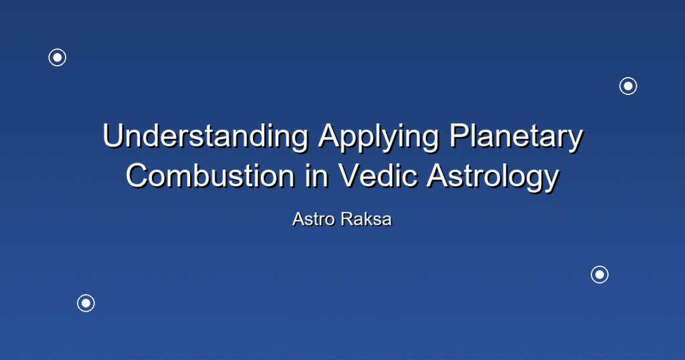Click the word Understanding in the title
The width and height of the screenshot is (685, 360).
point(205,136)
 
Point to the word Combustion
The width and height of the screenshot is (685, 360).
point(209,175)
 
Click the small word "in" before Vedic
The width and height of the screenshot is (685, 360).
point(316,175)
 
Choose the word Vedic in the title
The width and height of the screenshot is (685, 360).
point(377,175)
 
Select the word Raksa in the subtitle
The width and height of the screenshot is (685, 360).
point(366,219)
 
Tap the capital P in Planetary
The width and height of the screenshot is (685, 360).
point(460,136)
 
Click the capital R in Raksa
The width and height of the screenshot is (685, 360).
point(347,219)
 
